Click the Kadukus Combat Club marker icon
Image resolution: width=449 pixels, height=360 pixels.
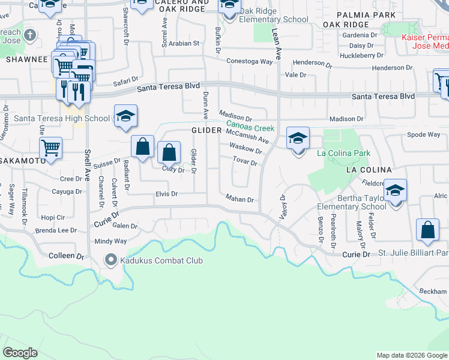[110, 260]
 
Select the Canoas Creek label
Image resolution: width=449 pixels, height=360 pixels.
[250, 127]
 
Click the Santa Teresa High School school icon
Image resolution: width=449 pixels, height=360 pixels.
[125, 117]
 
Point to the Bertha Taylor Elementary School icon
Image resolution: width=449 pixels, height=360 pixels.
[395, 191]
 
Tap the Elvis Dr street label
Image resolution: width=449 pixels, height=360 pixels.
[166, 194]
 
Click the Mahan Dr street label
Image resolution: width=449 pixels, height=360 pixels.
[240, 199]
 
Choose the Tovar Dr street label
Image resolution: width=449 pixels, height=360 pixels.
[246, 162]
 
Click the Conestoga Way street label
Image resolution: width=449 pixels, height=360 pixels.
[250, 61]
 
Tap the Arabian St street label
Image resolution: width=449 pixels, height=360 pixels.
[184, 43]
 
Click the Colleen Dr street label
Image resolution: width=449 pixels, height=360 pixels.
[66, 256]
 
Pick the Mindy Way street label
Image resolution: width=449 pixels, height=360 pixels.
[110, 241]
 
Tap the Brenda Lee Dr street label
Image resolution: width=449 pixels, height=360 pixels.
[56, 230]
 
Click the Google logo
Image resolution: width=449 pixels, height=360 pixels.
[20, 353]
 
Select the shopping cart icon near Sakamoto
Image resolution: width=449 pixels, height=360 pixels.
[50, 148]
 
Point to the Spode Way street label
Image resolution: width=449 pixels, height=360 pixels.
[424, 134]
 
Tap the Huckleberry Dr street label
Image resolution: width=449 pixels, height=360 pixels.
[361, 55]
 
